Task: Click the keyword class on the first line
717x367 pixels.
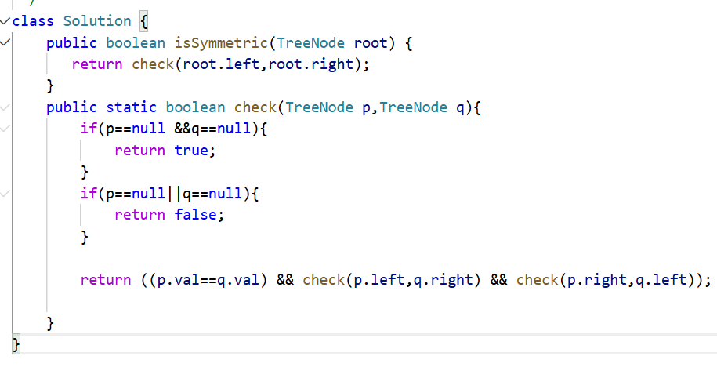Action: click(33, 21)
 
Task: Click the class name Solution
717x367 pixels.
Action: click(97, 21)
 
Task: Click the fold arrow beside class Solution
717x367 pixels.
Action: click(5, 21)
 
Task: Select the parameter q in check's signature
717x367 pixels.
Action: click(461, 107)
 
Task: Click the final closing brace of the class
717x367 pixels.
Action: click(16, 343)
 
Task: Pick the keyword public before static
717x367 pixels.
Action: click(71, 107)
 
